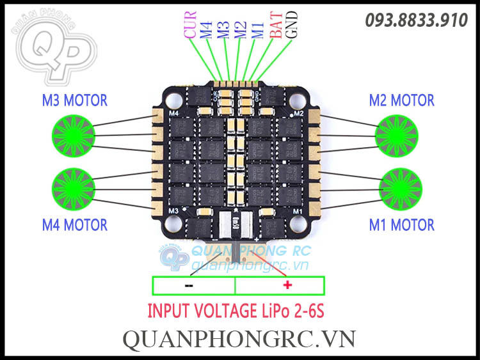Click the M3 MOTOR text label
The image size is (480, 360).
click(x=74, y=100)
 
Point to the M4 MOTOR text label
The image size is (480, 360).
click(x=74, y=224)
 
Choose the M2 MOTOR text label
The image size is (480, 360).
click(x=401, y=100)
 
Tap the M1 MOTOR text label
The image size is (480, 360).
click(x=401, y=224)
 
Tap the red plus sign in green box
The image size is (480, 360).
click(x=287, y=285)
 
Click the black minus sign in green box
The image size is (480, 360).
click(x=189, y=285)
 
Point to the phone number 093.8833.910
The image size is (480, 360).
click(x=416, y=20)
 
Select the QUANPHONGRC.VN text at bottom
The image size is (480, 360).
click(x=239, y=338)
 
